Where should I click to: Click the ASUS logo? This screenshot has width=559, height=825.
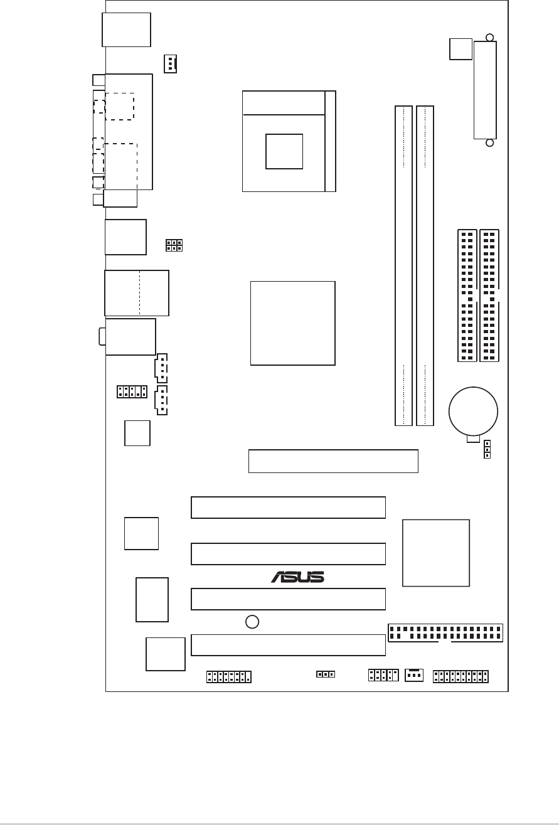297,576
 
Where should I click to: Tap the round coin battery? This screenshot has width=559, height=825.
473,411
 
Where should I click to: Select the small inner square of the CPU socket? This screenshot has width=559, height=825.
284,151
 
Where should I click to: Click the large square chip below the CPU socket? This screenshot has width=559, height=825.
292,323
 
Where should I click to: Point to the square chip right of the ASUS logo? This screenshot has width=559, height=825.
435,553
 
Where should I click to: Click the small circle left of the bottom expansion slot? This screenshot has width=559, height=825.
252,622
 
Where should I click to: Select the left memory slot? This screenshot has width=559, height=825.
403,266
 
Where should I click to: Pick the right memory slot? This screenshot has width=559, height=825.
425,266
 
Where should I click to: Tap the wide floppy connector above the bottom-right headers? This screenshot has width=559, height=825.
445,633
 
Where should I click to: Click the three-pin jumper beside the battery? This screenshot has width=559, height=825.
487,449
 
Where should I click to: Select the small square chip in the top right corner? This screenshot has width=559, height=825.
461,48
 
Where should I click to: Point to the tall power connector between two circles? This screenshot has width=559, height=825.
485,90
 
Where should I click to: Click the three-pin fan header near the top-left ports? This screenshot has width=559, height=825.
170,63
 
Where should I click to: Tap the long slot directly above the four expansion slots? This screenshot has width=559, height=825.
333,461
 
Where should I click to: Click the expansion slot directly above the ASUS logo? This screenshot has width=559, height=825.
288,553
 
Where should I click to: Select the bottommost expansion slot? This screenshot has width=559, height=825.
288,645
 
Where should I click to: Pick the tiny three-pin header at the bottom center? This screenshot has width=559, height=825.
325,674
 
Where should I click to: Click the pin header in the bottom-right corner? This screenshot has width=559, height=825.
461,676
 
